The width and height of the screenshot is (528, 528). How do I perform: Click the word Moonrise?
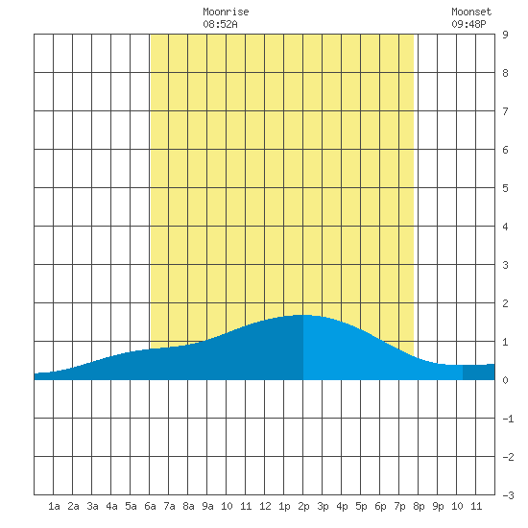226,12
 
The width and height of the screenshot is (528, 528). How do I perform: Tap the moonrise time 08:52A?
220,24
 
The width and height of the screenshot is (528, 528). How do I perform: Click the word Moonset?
471,12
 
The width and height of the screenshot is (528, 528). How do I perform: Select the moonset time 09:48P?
468,24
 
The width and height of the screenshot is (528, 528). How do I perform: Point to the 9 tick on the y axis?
505,35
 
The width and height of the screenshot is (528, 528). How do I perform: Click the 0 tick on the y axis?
505,380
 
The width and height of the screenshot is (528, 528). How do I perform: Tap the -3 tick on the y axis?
508,495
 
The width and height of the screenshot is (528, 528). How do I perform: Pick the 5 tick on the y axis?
505,188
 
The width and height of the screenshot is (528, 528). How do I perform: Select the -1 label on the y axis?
508,419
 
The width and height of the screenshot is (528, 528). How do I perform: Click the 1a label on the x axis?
54,506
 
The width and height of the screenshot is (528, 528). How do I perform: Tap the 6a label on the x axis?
150,506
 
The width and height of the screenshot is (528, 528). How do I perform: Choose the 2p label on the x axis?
303,506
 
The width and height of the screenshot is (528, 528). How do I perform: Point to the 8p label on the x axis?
419,506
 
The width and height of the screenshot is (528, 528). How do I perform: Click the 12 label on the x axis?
265,506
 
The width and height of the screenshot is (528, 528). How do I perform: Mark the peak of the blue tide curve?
303,315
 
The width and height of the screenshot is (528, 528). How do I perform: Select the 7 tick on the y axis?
505,111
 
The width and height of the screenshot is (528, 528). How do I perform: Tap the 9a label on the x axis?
207,506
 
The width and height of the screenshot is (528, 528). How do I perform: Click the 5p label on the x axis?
361,506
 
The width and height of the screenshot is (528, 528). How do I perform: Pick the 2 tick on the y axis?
505,303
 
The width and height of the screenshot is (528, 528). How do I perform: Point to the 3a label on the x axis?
92,506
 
